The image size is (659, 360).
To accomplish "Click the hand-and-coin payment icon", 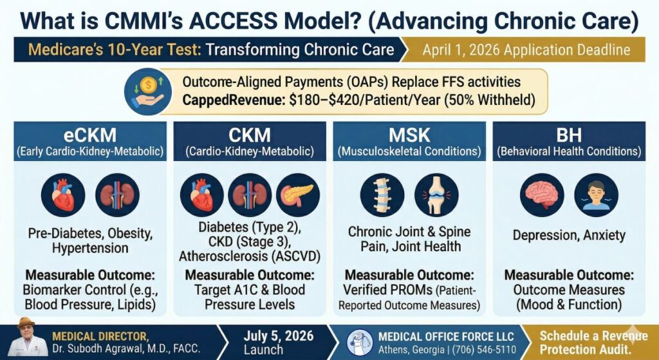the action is coord(147,91).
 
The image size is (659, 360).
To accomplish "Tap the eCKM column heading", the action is coord(90,135).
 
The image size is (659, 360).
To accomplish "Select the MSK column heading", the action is coord(409,135).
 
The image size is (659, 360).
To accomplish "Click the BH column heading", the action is coord(569,135).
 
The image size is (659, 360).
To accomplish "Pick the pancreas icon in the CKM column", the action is coord(297,195).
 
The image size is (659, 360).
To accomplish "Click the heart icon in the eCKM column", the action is coord(63,195).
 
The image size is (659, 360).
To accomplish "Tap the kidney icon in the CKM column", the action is coord(250,195).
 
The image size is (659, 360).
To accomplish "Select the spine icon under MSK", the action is coord(382,195).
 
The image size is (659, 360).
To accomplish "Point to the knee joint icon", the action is coord(436,195).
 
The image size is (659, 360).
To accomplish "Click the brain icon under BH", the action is coord(542,195).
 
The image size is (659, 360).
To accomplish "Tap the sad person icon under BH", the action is coord(596,195).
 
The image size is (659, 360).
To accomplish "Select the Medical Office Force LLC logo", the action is coord(360,343).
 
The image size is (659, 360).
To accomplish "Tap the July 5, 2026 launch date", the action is coord(278,336).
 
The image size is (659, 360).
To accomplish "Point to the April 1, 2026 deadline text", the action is coord(526,50).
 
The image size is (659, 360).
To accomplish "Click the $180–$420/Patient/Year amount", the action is coord(364,101).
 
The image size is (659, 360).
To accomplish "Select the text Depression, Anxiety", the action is coord(569,235).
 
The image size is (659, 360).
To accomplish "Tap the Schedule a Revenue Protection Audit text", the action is coord(593,343).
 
